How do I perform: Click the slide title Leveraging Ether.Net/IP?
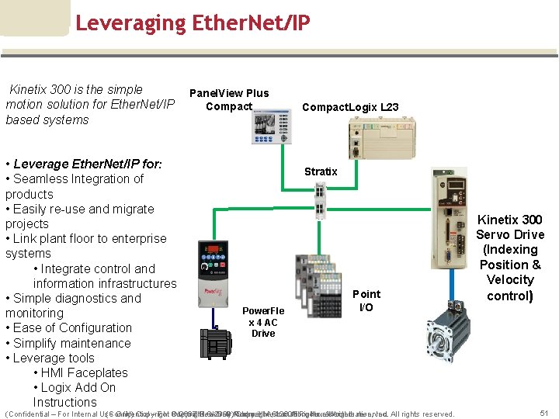193,23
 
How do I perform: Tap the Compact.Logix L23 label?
350,108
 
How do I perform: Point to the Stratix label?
321,171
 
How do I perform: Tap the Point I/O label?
366,300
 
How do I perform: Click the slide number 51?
544,413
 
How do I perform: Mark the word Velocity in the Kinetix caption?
510,279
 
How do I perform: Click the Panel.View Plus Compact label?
229,99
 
